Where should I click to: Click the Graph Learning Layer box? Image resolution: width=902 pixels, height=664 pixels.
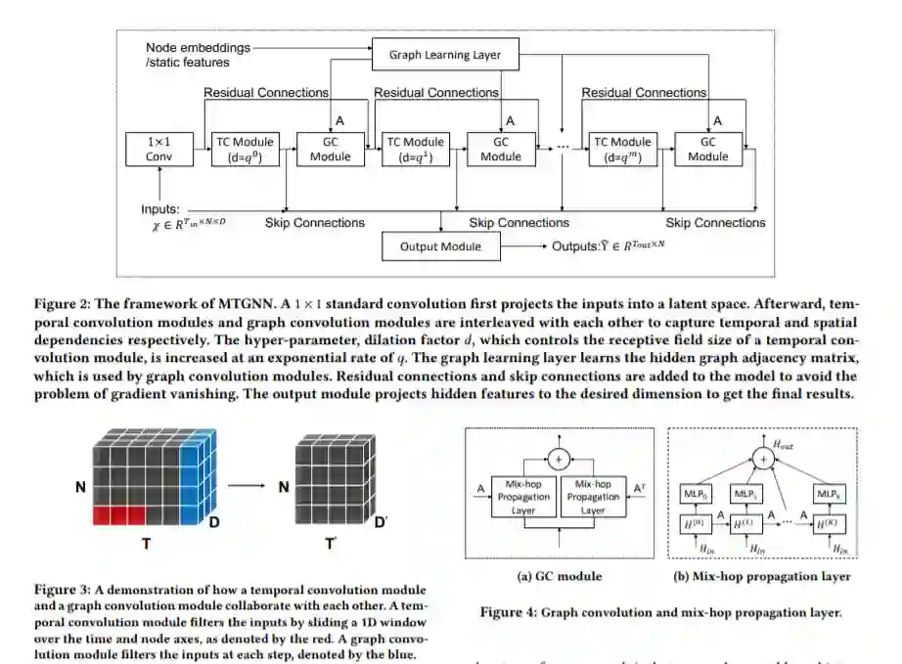click(x=444, y=55)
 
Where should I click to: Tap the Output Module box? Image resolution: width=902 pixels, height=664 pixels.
click(x=440, y=246)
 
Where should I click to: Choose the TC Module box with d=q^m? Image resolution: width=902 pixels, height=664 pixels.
click(x=623, y=149)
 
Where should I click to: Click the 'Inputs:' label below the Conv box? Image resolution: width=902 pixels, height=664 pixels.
click(x=160, y=208)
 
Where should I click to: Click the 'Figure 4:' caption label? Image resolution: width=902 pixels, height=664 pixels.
click(x=510, y=613)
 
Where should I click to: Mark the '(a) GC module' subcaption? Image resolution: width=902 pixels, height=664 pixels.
click(x=558, y=577)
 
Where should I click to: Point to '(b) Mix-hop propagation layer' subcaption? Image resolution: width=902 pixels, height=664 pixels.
click(x=762, y=577)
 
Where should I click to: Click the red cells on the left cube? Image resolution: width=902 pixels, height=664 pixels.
click(x=118, y=514)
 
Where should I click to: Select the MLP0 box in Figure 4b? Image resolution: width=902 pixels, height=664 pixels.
click(x=699, y=495)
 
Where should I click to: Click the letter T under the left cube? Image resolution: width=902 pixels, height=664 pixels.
click(x=147, y=543)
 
